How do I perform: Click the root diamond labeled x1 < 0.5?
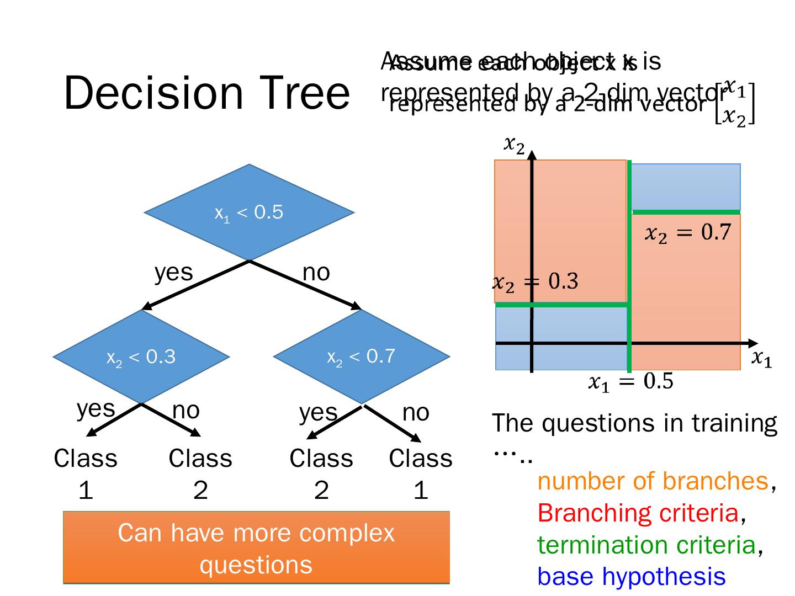point(249,212)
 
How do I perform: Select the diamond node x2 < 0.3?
point(141,357)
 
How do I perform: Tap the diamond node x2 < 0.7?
point(361,357)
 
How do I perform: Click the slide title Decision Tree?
point(206,93)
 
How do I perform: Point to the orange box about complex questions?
point(256,547)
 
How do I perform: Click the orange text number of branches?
point(653,481)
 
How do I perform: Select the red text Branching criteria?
point(638,513)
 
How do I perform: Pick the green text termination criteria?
point(646,545)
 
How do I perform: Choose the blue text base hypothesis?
point(631,577)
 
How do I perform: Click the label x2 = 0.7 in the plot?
point(688,233)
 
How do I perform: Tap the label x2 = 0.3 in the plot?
point(535,282)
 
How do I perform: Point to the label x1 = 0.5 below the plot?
point(630,382)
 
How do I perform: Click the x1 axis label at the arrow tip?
point(762,359)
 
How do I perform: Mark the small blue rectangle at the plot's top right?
point(686,186)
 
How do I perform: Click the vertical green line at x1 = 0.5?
point(629,265)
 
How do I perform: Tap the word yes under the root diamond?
point(173,273)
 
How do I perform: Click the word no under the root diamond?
point(316,273)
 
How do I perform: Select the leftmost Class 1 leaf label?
point(86,473)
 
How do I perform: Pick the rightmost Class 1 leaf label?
point(421,473)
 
